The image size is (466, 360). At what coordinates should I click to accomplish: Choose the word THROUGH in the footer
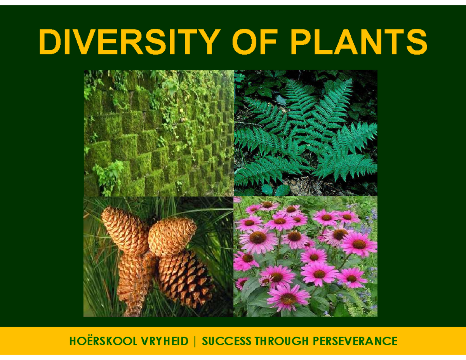[x=280, y=341]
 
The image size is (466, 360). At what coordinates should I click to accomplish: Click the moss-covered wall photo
[x=158, y=133]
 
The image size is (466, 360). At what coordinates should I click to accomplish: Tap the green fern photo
[x=305, y=133]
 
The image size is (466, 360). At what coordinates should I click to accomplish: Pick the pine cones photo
[x=158, y=256]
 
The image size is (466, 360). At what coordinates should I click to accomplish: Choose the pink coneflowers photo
[x=305, y=256]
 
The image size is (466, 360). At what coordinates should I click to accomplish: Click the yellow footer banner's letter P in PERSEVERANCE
[x=315, y=341]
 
